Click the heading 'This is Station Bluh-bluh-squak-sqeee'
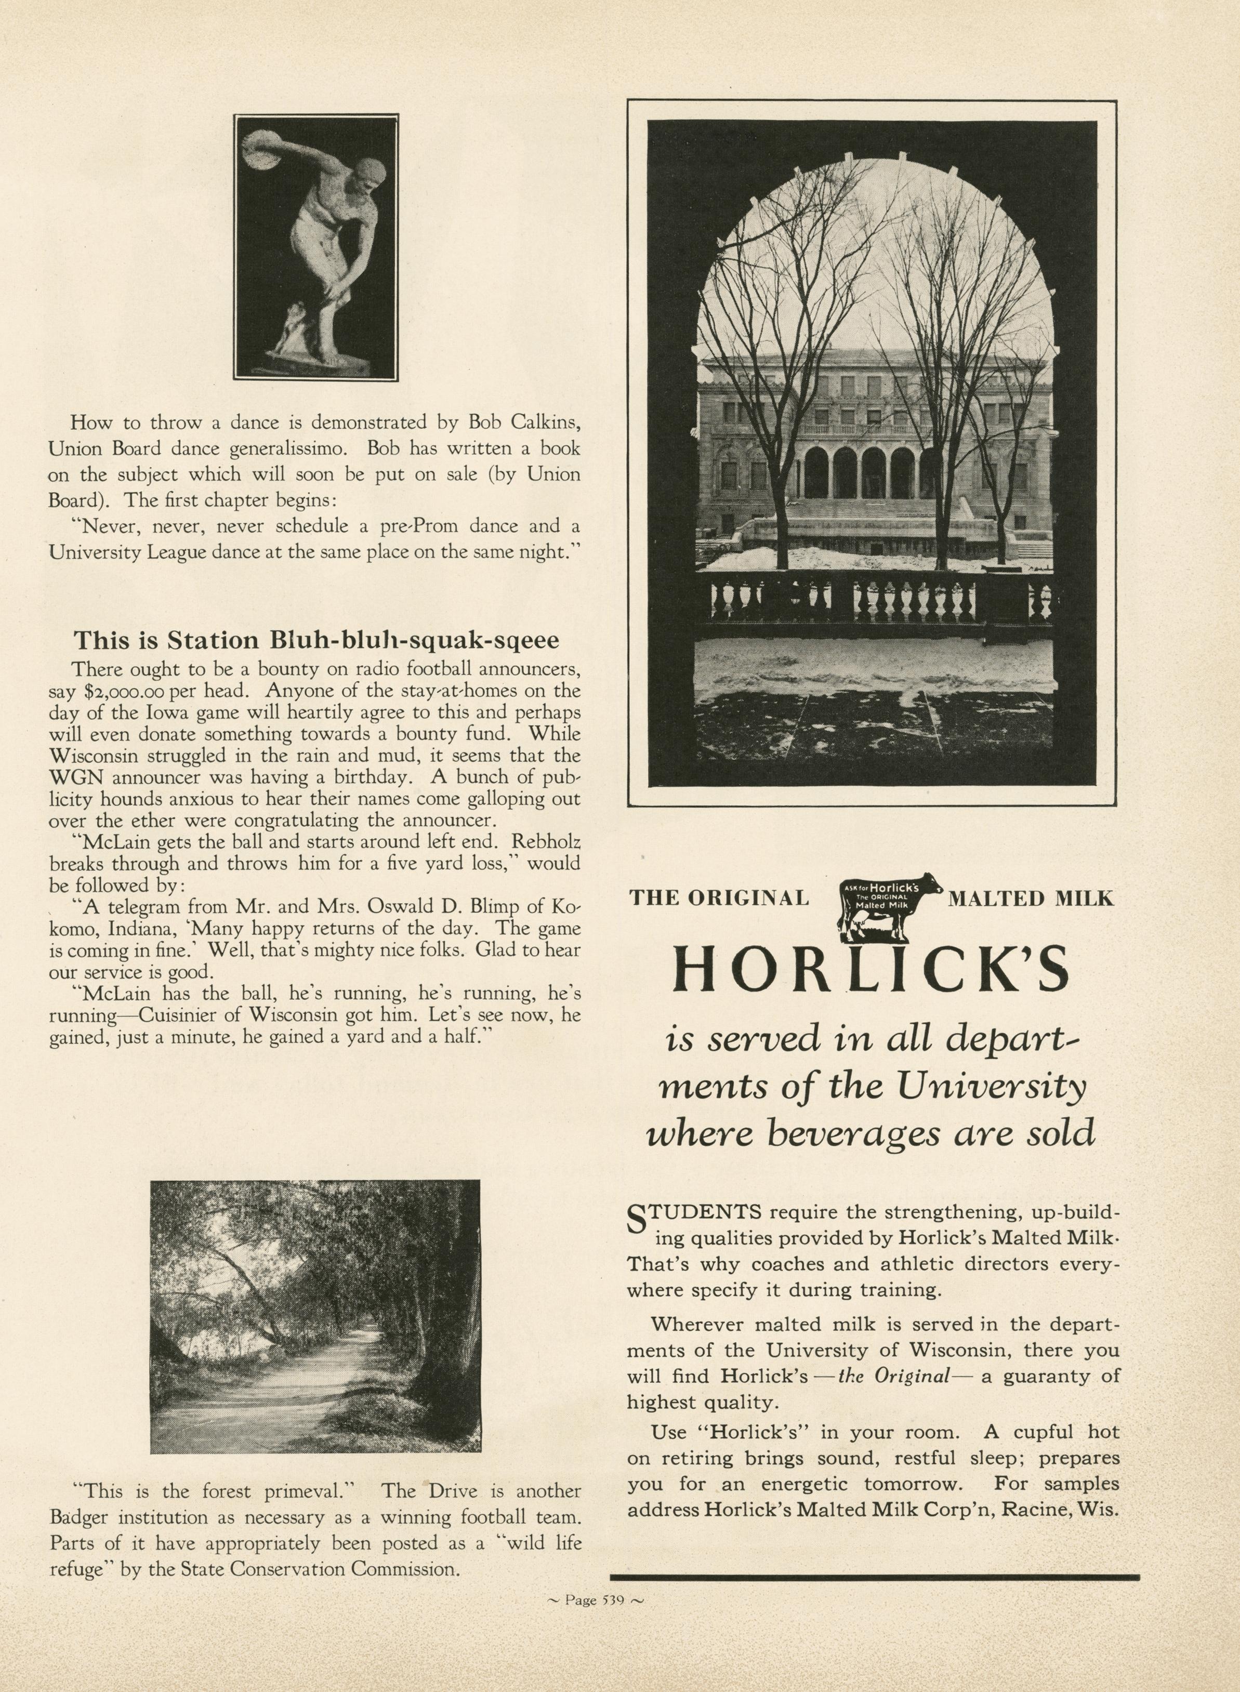click(x=315, y=640)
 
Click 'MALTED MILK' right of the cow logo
click(x=1031, y=897)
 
